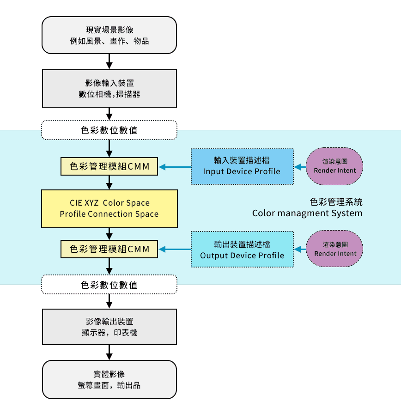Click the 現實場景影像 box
click(x=109, y=35)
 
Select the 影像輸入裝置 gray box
click(x=109, y=88)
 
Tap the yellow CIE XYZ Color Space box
click(x=109, y=208)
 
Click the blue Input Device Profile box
click(x=242, y=166)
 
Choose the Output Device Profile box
click(x=242, y=250)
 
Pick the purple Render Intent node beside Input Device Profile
click(x=335, y=166)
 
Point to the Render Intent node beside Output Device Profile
click(x=335, y=250)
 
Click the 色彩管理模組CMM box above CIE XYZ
click(x=109, y=167)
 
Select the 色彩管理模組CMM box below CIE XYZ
click(x=109, y=250)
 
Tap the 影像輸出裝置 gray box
click(x=109, y=327)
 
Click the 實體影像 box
click(x=109, y=379)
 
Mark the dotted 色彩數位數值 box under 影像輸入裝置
click(x=109, y=130)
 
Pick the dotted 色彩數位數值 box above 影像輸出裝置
click(x=109, y=285)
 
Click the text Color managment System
click(x=307, y=213)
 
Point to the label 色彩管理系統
click(x=336, y=202)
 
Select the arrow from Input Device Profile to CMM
click(x=175, y=167)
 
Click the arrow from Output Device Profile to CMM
click(x=175, y=250)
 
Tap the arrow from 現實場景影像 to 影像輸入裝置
click(x=109, y=61)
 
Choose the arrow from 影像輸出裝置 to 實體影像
click(x=109, y=352)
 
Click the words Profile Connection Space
click(x=109, y=214)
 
